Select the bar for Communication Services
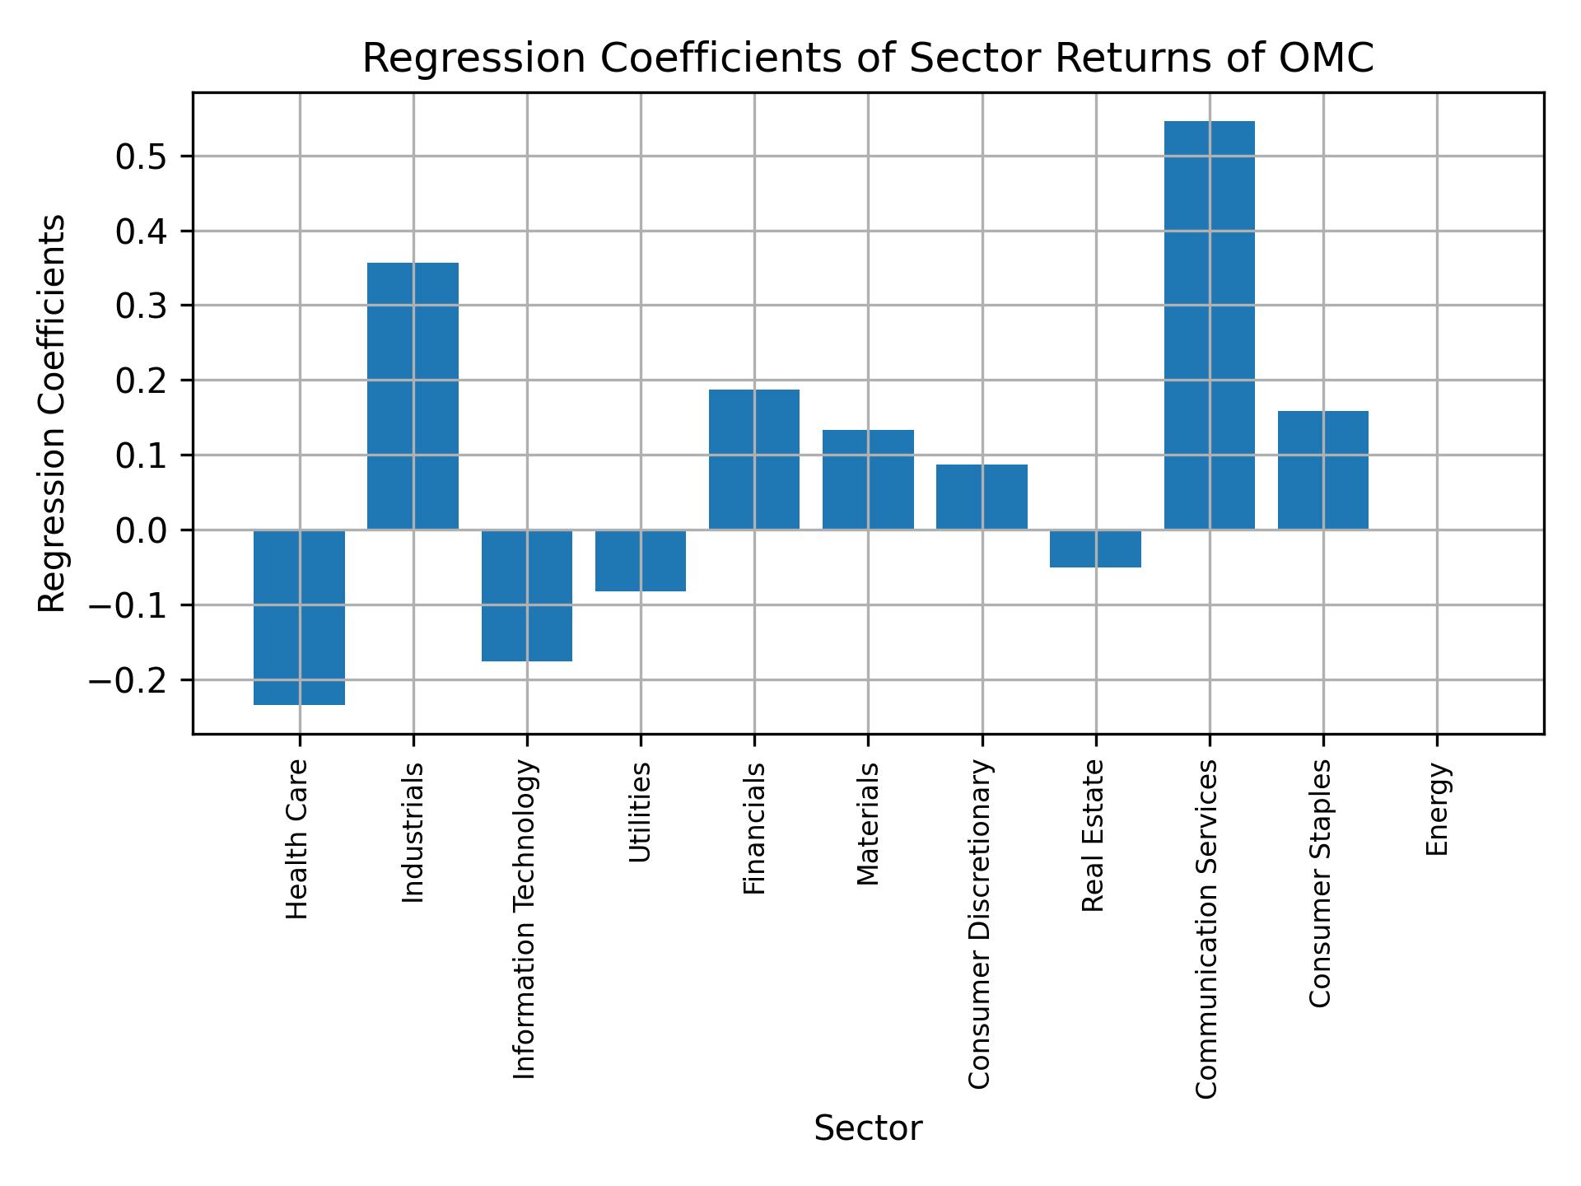[x=1209, y=325]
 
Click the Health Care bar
[x=299, y=617]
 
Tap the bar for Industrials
[x=413, y=396]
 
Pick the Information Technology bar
[x=527, y=595]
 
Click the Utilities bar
[x=641, y=561]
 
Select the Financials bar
[x=754, y=460]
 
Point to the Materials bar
[x=868, y=479]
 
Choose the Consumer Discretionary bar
[x=982, y=497]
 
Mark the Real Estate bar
[x=1095, y=549]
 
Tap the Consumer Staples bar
[x=1322, y=470]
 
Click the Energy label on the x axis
[x=1437, y=809]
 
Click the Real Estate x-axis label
[x=1093, y=835]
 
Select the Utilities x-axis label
[x=640, y=812]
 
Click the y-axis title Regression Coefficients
[x=53, y=413]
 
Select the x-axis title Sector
[x=868, y=1128]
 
